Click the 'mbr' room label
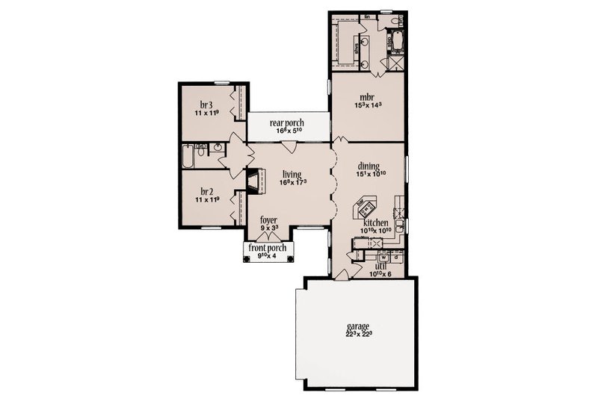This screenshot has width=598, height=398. [366, 96]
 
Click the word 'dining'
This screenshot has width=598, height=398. [369, 167]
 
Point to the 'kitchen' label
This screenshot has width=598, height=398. [374, 223]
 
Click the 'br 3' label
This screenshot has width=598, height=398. [206, 105]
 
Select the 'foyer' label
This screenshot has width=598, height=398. [268, 220]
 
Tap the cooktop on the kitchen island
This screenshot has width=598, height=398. [367, 203]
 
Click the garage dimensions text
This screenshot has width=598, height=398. [360, 334]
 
